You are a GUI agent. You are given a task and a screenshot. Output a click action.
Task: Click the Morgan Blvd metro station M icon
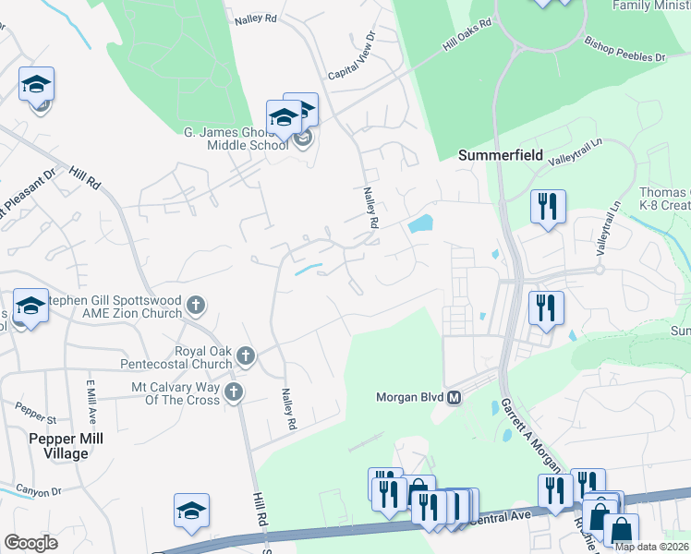454,398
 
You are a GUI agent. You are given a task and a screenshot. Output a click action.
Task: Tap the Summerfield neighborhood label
502,156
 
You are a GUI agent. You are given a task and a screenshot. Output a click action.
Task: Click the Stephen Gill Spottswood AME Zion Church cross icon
195,304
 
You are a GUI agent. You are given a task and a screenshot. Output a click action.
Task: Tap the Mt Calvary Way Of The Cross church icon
234,392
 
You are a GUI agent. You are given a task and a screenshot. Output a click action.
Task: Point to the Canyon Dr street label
38,491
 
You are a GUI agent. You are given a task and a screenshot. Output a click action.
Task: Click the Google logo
30,543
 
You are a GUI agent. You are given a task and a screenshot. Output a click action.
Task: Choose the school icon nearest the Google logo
191,511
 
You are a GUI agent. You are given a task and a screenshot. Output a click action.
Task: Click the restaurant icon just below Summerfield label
547,207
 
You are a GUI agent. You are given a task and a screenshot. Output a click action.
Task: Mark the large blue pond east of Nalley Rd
421,223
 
